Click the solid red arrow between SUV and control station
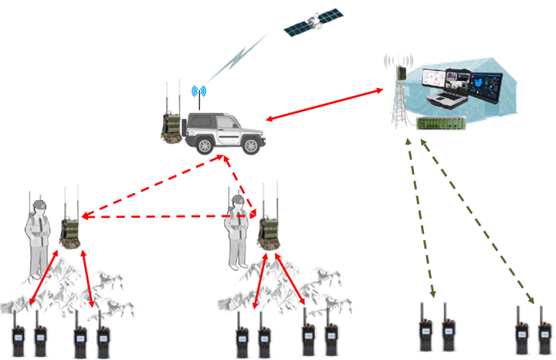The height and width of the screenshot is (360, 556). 324,105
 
